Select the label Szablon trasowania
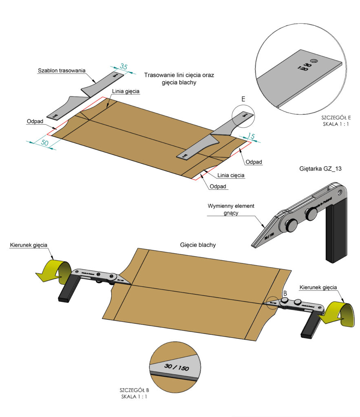coord(62,70)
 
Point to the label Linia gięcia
coord(126,91)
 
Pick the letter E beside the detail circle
coord(243,99)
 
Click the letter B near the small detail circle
coord(285,293)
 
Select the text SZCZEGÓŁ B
coord(134,390)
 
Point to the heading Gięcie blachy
coord(198,245)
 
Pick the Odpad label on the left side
coord(35,121)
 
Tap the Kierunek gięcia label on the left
coord(29,245)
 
